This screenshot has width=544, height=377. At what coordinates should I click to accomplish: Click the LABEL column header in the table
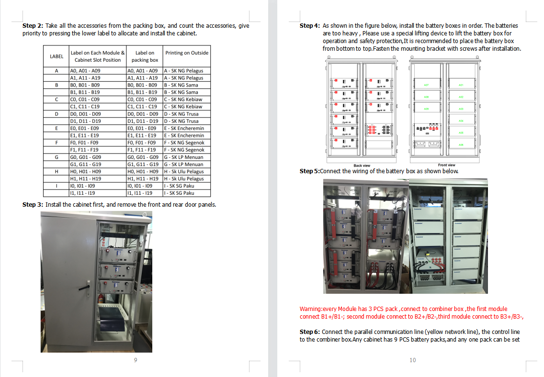coord(57,56)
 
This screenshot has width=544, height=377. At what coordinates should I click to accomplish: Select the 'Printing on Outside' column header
coord(186,53)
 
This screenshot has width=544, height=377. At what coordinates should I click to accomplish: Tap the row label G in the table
coord(57,157)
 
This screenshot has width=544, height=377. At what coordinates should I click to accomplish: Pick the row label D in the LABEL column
coord(57,114)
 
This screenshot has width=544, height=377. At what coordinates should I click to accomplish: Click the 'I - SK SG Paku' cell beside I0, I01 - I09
coord(179,186)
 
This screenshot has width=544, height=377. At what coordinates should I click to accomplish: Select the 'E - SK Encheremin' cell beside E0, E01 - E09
coord(183,128)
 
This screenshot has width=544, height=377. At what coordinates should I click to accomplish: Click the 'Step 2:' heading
coord(33,26)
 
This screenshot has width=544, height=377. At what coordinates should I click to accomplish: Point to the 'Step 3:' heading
coord(33,205)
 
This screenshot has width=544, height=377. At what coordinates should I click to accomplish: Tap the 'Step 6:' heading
coord(310,332)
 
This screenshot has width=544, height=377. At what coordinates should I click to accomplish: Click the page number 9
coord(136,360)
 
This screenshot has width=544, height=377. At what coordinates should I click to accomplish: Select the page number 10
coord(412,360)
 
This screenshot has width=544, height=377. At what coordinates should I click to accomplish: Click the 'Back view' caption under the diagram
coord(362,166)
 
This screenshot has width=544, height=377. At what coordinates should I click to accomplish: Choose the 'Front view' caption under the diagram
coord(446,166)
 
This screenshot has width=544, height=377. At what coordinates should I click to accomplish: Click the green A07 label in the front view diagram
coord(427,85)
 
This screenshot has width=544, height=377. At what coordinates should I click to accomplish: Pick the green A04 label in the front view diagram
coord(461,121)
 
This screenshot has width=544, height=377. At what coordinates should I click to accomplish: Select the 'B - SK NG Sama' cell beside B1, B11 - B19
coord(181,92)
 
